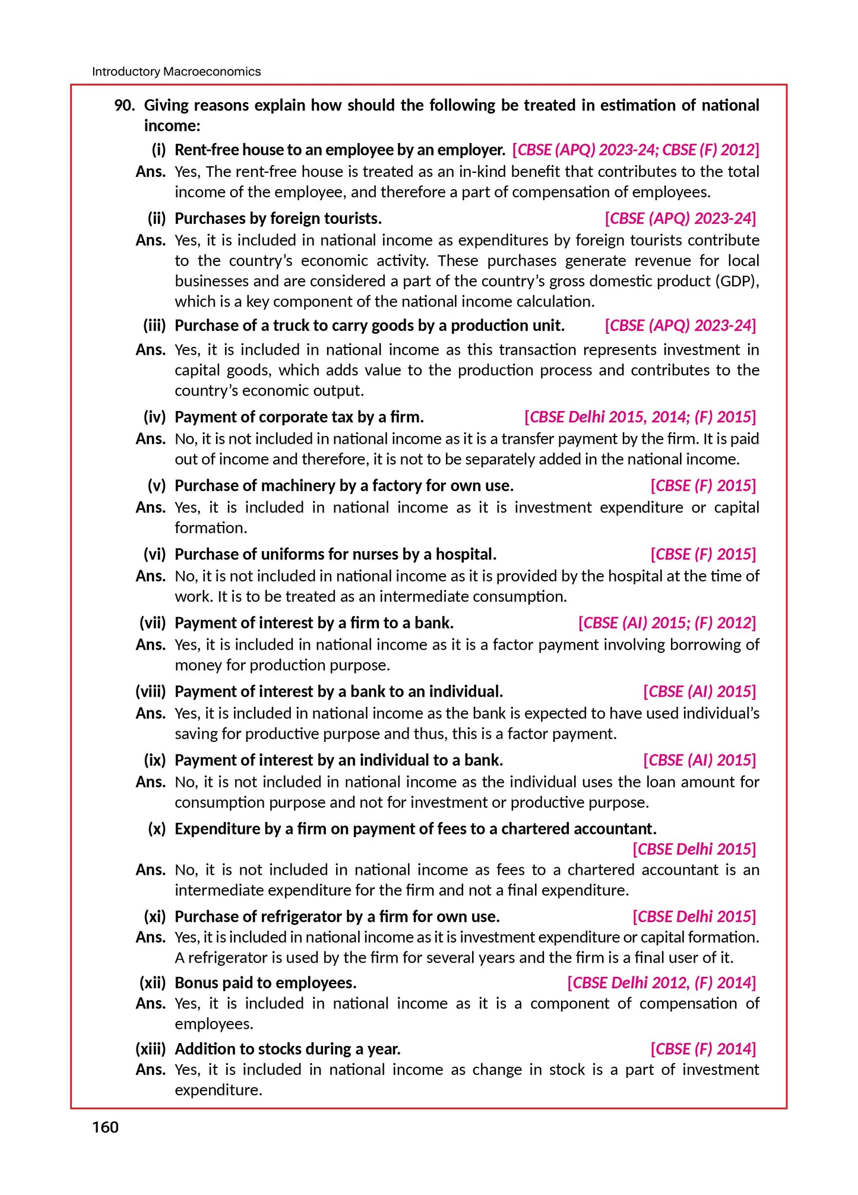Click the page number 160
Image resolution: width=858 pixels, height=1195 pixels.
coord(105,1127)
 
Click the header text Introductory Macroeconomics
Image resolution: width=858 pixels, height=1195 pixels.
coord(176,72)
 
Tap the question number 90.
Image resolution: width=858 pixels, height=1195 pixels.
coord(124,106)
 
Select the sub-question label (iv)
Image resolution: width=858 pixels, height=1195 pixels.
coord(154,417)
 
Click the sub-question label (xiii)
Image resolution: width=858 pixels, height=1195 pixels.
coord(150,1049)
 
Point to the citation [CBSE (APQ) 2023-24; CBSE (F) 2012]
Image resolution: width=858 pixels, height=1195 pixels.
coord(635,150)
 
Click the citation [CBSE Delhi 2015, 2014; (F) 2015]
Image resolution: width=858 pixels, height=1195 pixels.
coord(640,417)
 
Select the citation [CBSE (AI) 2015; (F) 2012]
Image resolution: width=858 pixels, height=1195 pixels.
coord(667,623)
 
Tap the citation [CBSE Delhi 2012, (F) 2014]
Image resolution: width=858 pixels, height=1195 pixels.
coord(661,983)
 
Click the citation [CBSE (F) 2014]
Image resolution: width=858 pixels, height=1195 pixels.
coord(703,1049)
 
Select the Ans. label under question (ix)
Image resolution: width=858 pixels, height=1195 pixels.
coord(150,782)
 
